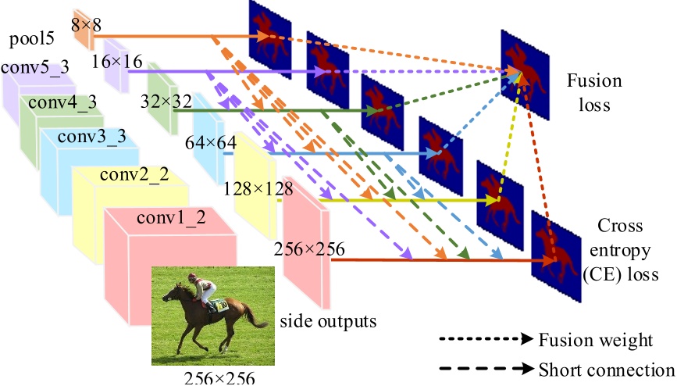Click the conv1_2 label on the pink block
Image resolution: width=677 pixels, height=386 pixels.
click(171, 218)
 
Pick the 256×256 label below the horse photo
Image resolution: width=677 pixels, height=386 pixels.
click(219, 378)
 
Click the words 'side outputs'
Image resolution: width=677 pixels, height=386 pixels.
click(328, 320)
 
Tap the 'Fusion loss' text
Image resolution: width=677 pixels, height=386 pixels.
click(594, 91)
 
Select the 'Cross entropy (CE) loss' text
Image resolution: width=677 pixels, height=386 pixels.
click(621, 250)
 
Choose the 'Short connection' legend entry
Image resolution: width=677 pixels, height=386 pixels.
click(605, 369)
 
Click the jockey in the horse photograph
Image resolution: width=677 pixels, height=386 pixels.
click(208, 291)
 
